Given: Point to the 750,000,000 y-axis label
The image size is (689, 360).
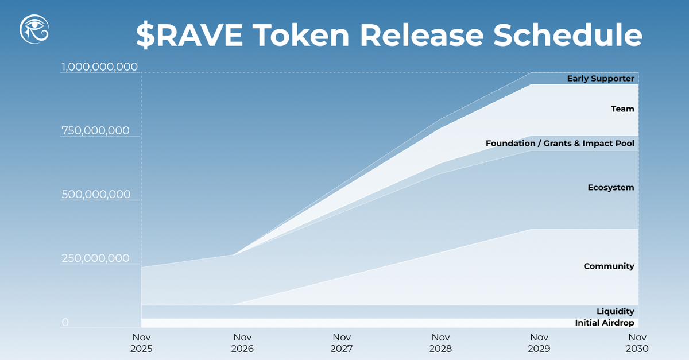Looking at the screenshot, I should [95, 131].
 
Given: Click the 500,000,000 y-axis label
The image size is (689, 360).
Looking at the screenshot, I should [96, 195].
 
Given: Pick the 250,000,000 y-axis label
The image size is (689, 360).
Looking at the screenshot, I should [95, 258].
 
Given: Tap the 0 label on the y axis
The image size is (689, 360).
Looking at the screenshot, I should [65, 323].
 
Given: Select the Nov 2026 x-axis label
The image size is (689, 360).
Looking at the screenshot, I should [242, 343].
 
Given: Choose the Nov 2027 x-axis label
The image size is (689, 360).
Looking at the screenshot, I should [342, 343].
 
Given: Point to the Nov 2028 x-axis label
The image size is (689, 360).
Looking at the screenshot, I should [440, 343].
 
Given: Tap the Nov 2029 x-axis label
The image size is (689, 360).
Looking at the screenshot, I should [539, 343].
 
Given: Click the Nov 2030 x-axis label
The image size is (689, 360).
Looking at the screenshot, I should [638, 343].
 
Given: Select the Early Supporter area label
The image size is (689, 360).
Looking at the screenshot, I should [601, 79].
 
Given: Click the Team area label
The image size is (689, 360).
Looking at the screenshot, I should [622, 109].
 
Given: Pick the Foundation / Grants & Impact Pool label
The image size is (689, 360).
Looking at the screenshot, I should [560, 143].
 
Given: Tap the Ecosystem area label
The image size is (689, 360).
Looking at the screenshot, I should [611, 188].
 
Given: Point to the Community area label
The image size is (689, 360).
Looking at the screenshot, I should [609, 266].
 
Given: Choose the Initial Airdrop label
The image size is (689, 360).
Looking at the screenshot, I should [605, 323].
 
